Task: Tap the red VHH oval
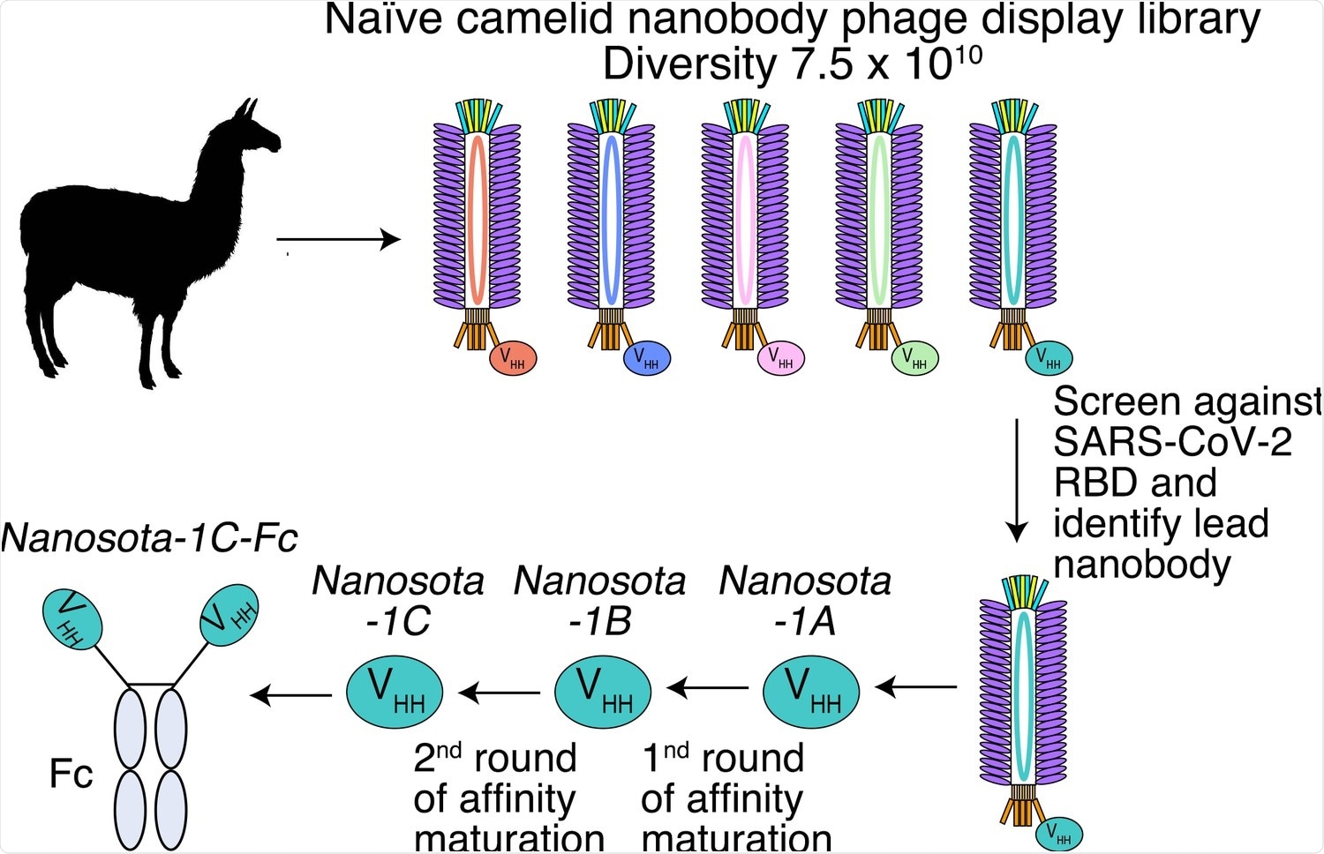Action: click(x=513, y=359)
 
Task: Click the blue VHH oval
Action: click(x=647, y=359)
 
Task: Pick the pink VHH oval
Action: click(x=781, y=359)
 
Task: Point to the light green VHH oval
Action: click(x=914, y=359)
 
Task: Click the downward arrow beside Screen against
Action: click(x=1017, y=481)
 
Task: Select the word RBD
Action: click(x=1091, y=483)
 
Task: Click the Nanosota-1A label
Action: click(x=805, y=601)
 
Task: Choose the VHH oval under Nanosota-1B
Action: click(x=603, y=692)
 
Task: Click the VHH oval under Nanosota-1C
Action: click(x=394, y=692)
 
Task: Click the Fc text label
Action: click(x=71, y=775)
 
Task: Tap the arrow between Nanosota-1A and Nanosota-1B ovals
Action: click(x=708, y=687)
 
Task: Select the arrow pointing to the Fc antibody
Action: click(x=291, y=695)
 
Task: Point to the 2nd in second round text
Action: click(x=437, y=757)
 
